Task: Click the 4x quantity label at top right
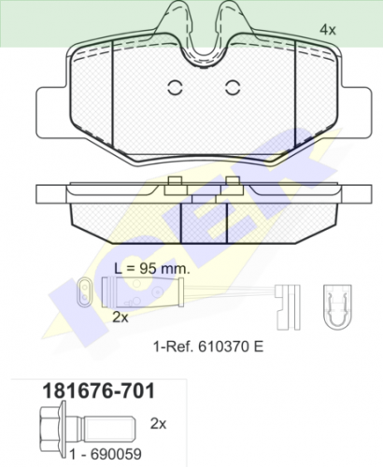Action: click(328, 30)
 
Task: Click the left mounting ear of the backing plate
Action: click(52, 113)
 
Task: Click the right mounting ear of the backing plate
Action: click(355, 113)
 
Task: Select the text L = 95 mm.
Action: click(151, 268)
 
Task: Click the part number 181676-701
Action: click(98, 390)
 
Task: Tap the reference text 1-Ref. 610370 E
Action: click(208, 347)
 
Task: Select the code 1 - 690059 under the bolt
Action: click(106, 454)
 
